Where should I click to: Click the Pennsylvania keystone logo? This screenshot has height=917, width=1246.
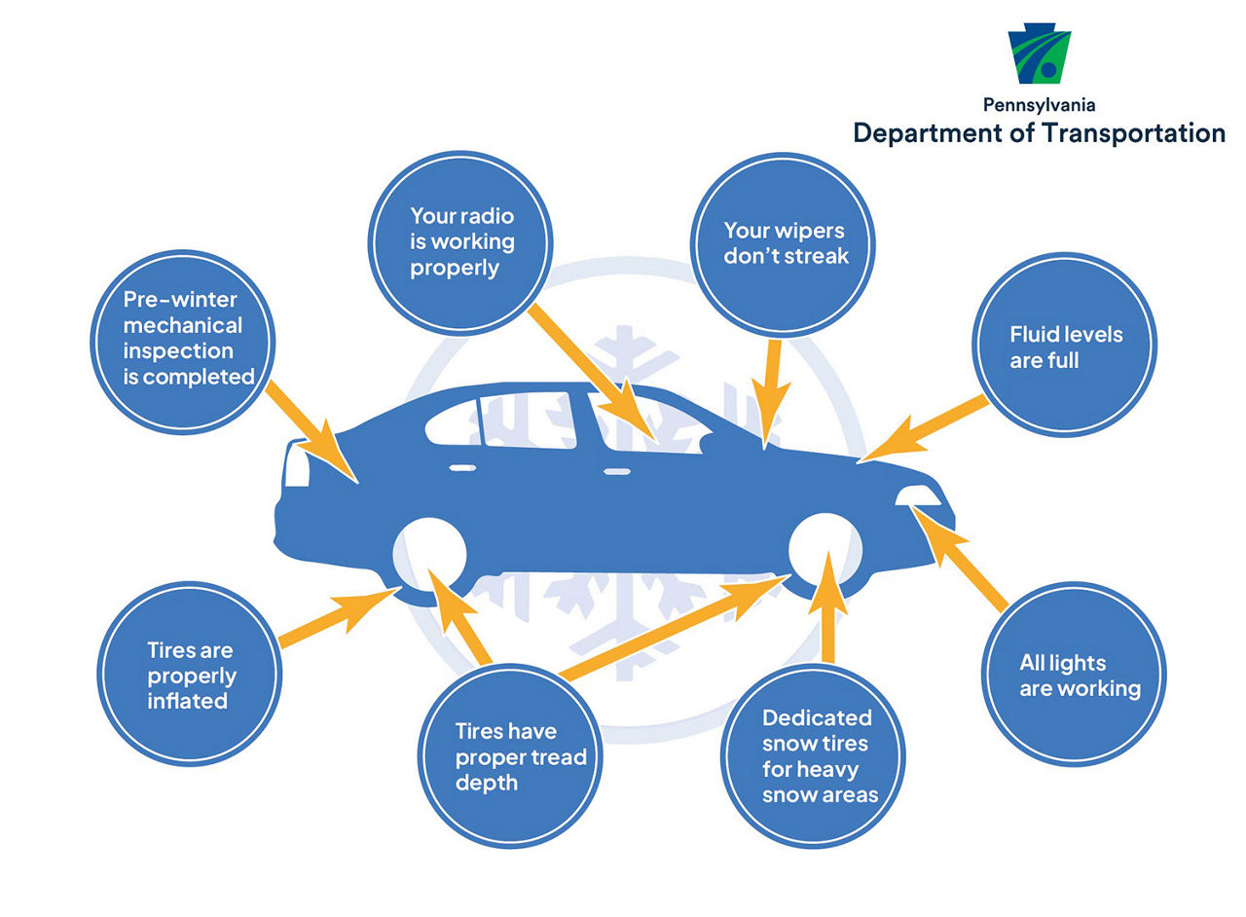[x=1039, y=54]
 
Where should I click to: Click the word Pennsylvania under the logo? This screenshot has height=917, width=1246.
[x=1039, y=106]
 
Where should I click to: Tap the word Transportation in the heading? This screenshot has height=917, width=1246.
[x=1134, y=133]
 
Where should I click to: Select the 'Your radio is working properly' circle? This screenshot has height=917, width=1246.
[x=460, y=243]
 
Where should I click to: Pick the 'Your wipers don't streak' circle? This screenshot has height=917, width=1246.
[x=783, y=245]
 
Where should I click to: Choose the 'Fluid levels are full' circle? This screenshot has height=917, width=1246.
[x=1065, y=345]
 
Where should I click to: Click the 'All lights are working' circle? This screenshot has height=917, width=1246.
[x=1074, y=675]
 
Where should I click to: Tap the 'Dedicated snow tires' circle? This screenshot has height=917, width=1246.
[x=813, y=756]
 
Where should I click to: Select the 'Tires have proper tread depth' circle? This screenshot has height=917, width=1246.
[x=510, y=756]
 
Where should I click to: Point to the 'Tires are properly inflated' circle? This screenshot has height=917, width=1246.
[x=190, y=675]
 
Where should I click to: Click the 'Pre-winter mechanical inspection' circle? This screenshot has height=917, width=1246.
[x=182, y=343]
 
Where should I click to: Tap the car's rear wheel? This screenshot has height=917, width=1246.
[x=429, y=555]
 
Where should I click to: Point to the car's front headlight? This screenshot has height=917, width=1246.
[x=918, y=495]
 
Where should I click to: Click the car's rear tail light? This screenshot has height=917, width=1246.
[x=296, y=464]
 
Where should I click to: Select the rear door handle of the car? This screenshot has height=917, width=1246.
[x=462, y=468]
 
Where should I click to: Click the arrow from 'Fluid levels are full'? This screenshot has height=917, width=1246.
[x=924, y=428]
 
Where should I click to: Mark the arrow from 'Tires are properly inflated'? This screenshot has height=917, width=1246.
[x=339, y=617]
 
